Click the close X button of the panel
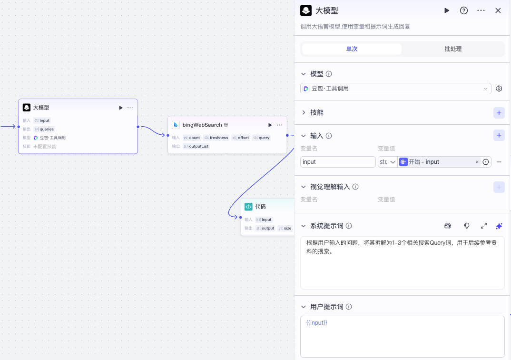click(x=498, y=10)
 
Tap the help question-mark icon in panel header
click(x=463, y=10)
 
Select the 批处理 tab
click(x=453, y=49)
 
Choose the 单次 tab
click(x=352, y=49)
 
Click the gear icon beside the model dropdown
click(x=499, y=89)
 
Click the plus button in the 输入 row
click(x=499, y=136)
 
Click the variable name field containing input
click(x=338, y=162)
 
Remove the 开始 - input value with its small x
click(x=477, y=162)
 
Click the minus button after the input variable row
click(x=499, y=162)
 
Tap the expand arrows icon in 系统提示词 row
click(x=483, y=226)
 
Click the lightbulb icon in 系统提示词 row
click(x=467, y=226)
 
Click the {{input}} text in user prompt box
click(x=317, y=323)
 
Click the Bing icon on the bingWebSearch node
click(x=176, y=125)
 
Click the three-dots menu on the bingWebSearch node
click(x=279, y=125)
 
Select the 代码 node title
click(x=260, y=207)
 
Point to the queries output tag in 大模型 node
click(x=47, y=129)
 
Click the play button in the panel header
click(x=447, y=10)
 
